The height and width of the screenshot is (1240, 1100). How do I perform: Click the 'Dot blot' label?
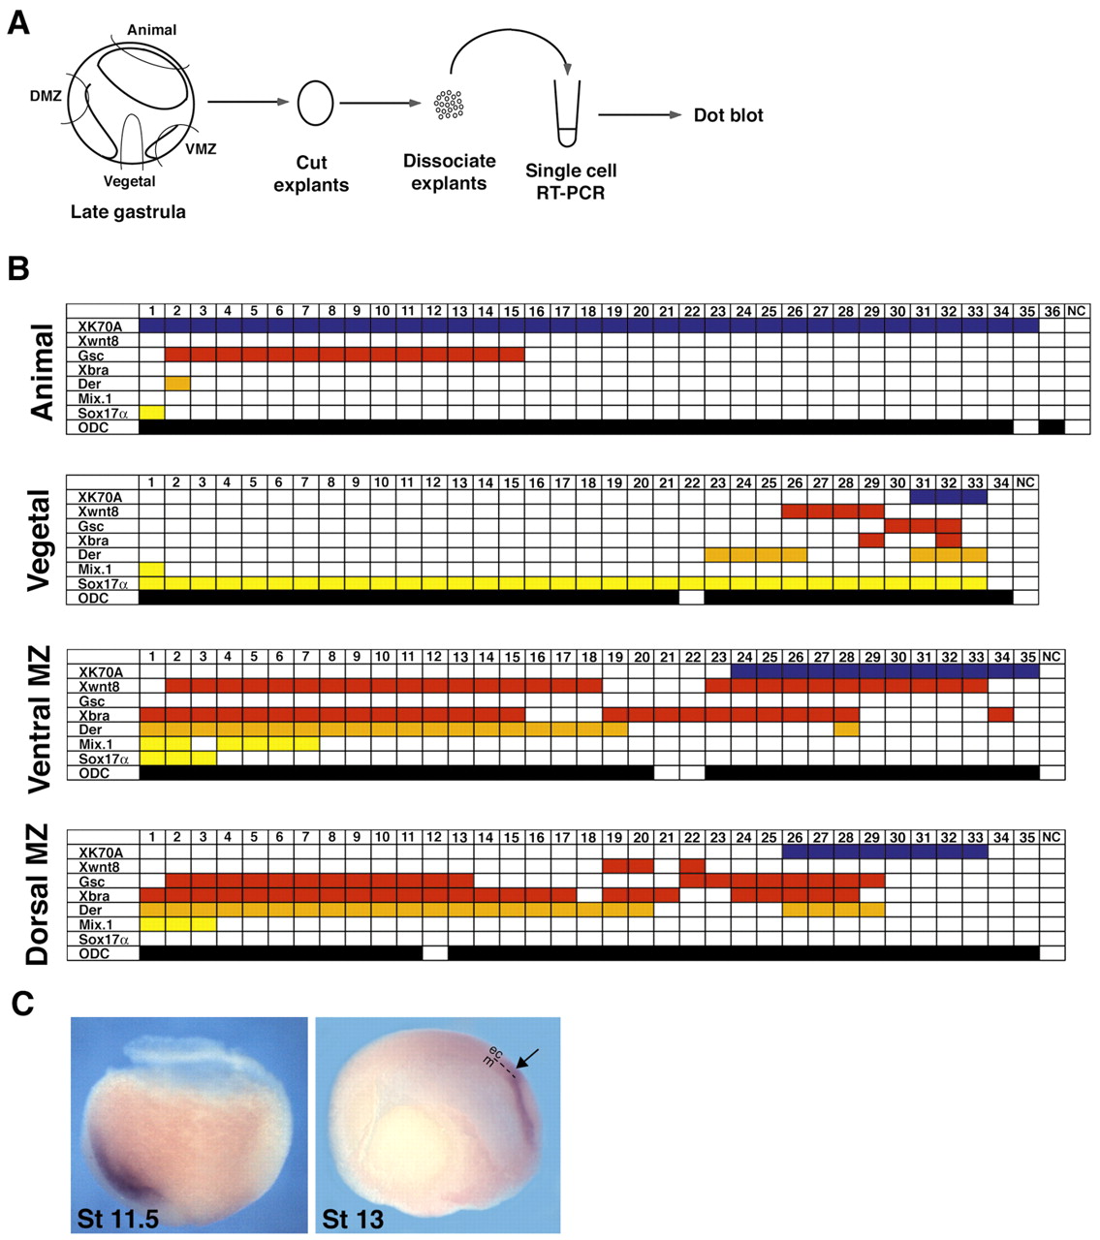click(x=728, y=115)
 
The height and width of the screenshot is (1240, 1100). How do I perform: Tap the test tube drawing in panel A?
click(x=567, y=114)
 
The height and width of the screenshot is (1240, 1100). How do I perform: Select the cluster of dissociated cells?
click(x=449, y=104)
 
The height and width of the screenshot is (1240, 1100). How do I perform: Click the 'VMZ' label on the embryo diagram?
click(x=201, y=149)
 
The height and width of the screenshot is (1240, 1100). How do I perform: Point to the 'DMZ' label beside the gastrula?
click(x=46, y=96)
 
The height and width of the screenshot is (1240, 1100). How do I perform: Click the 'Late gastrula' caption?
click(x=128, y=212)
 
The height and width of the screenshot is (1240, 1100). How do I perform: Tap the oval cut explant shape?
click(x=315, y=103)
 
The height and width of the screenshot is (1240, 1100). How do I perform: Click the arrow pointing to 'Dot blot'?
click(x=640, y=115)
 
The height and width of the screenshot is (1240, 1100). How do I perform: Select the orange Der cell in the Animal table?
click(x=177, y=384)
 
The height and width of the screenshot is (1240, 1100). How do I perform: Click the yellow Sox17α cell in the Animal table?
click(x=152, y=413)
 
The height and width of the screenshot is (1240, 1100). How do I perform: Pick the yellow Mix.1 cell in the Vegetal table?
click(x=152, y=570)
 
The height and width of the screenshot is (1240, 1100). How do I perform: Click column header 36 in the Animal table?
click(x=1052, y=311)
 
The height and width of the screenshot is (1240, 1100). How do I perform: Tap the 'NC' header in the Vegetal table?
click(x=1025, y=482)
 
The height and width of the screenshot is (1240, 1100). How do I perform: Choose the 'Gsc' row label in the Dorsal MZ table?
click(x=92, y=882)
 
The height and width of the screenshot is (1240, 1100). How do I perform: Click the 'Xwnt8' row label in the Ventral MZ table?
click(x=99, y=686)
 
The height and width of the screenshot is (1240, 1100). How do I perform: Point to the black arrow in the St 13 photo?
click(x=527, y=1060)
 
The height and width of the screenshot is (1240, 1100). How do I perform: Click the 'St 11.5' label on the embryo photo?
click(x=118, y=1218)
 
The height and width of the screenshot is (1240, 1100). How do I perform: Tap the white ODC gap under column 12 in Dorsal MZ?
click(x=435, y=953)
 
